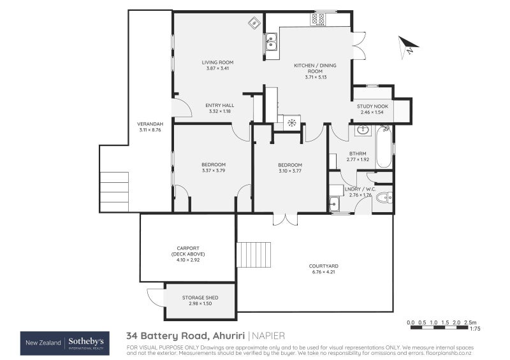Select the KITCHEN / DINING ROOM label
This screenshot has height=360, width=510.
(316, 71)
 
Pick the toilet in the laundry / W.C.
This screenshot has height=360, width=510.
(384, 199)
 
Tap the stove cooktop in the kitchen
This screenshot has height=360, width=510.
(318, 20)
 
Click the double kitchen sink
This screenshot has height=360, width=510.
(272, 42)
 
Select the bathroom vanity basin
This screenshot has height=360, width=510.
(362, 131)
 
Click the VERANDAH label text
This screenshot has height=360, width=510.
(150, 127)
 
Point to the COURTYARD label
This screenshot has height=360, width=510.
(323, 269)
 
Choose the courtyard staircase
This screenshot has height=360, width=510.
(254, 254)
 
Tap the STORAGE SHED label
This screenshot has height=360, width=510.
(200, 301)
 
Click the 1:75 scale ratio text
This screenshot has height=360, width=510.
(474, 329)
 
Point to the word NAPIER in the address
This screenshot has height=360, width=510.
(268, 335)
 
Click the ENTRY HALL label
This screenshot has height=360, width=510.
(219, 108)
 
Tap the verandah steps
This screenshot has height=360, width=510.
(114, 191)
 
